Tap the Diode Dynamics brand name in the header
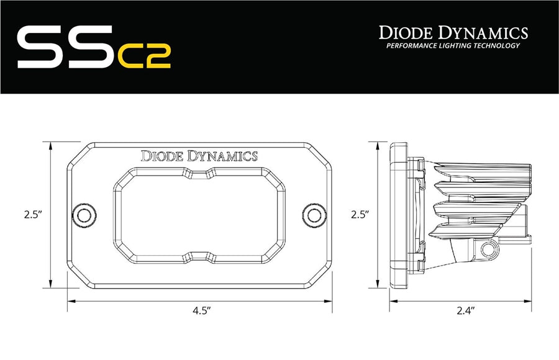point(453,32)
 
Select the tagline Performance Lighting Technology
point(453,47)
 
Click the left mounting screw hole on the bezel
point(81,214)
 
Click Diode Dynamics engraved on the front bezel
point(199,156)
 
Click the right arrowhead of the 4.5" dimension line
point(329,301)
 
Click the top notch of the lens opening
point(199,172)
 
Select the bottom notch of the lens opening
point(199,256)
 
